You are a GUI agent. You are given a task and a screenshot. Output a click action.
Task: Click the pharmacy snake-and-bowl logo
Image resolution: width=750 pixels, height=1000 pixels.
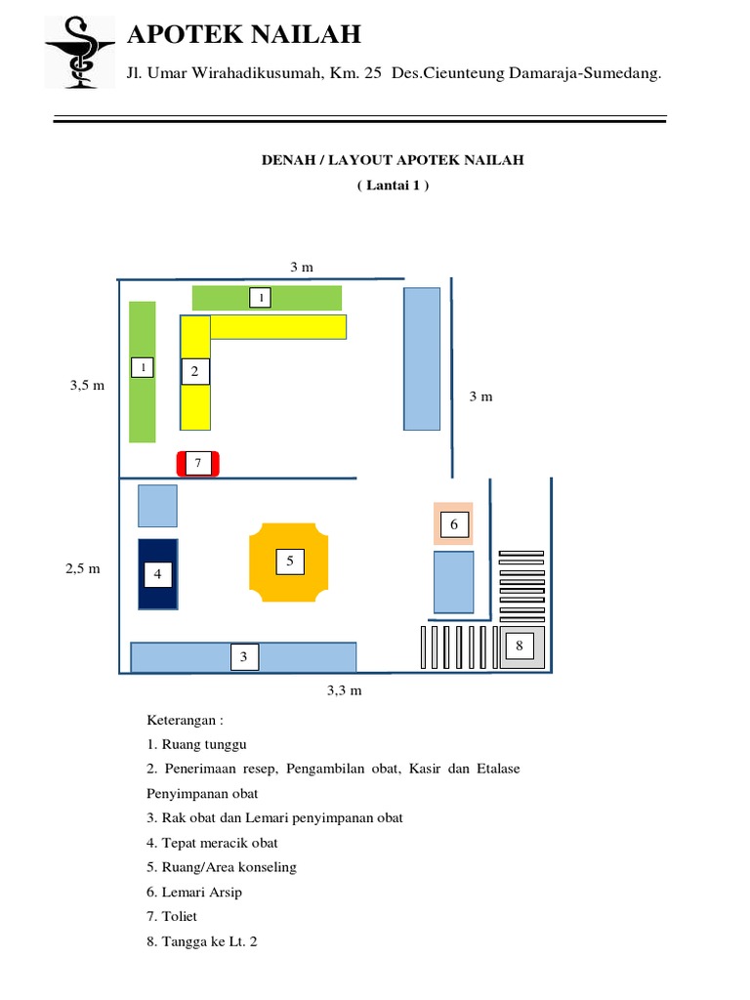tap(79, 52)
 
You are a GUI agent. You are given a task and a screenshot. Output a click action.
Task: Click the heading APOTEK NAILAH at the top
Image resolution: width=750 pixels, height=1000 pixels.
tap(244, 35)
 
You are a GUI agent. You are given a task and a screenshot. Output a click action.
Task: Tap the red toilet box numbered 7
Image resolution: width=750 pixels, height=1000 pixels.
tap(197, 463)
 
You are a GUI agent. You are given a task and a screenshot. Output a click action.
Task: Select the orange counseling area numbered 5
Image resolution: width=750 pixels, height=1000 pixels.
tap(290, 562)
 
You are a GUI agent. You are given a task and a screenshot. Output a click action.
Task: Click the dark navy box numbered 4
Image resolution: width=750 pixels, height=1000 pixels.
tap(157, 573)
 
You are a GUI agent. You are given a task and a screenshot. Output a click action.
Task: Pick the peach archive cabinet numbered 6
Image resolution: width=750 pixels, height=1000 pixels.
tap(453, 524)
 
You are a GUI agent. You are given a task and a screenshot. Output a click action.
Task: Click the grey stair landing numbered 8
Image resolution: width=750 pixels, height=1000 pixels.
tap(520, 646)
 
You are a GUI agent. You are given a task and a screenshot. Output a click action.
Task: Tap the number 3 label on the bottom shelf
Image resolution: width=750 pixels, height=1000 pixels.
tap(244, 658)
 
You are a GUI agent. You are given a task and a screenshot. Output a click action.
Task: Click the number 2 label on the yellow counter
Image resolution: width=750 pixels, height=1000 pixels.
tap(194, 371)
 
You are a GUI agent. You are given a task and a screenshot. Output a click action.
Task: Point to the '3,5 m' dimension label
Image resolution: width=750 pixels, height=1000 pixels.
tap(87, 386)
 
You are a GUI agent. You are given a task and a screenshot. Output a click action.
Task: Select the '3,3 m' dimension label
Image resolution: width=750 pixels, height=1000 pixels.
tap(345, 691)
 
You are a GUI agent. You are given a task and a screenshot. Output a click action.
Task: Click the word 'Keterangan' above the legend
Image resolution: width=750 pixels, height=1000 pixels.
tap(185, 721)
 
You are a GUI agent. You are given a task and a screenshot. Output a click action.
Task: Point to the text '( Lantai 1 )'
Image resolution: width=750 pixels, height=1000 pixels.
tap(393, 185)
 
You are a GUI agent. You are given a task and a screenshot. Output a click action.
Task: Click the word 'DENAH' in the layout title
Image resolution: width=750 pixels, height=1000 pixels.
tap(283, 160)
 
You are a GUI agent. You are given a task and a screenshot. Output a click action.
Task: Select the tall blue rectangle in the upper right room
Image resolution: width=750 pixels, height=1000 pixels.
tap(422, 358)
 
